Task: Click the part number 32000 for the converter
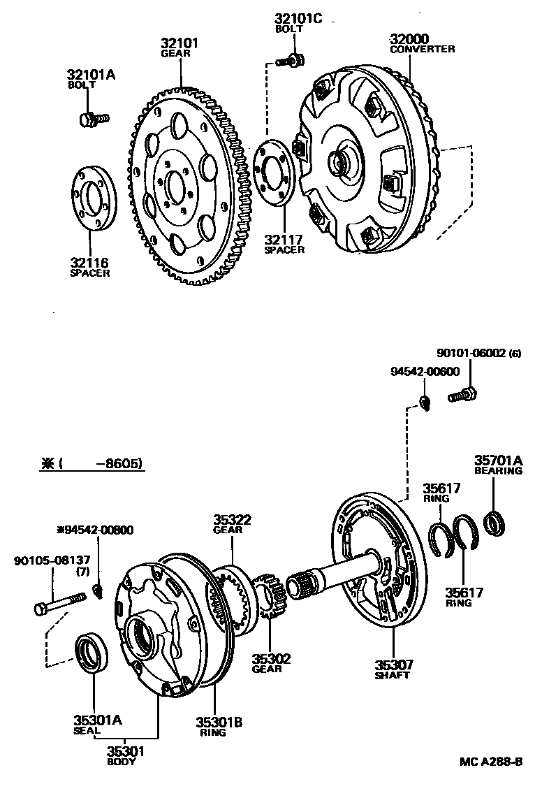coord(409,39)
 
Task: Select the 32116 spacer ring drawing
coord(95,198)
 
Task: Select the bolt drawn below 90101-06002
coord(462,396)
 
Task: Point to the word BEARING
coord(499,471)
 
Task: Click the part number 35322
coord(233,520)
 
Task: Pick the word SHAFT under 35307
coord(391,675)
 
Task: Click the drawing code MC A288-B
coord(491,761)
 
